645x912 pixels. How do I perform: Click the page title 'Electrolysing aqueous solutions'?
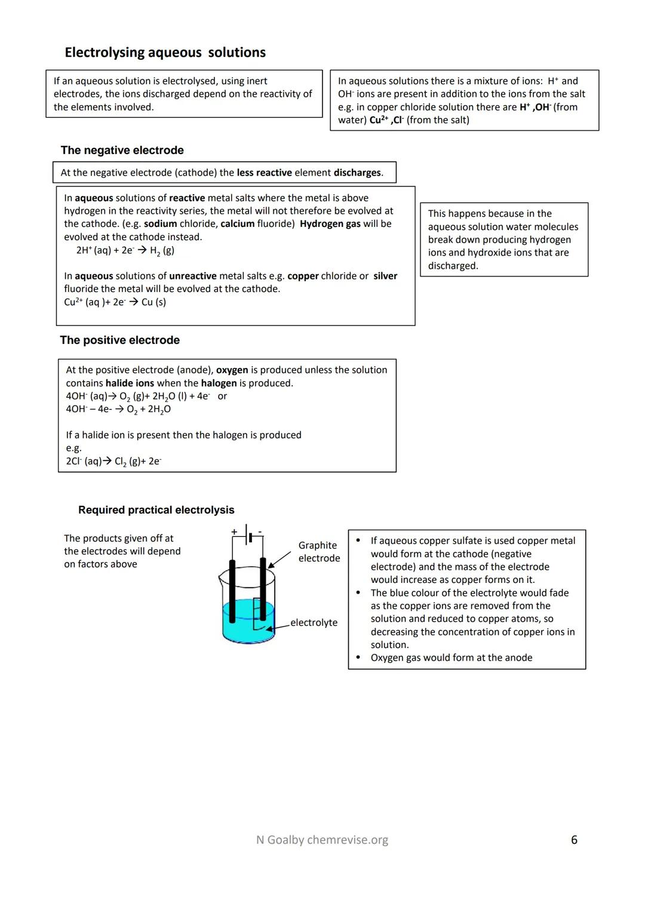[x=165, y=53]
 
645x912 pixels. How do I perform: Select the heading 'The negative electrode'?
[x=122, y=151]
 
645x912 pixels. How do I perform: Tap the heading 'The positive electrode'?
[x=119, y=340]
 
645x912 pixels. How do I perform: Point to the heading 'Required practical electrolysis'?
[x=156, y=510]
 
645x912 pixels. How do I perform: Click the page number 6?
[x=574, y=840]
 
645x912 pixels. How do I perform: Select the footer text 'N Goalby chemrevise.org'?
[x=322, y=840]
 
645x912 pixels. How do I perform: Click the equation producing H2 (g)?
[x=125, y=250]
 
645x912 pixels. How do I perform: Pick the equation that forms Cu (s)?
[x=115, y=302]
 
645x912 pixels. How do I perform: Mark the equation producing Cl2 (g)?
[x=113, y=461]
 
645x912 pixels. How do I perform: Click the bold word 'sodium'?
[x=160, y=224]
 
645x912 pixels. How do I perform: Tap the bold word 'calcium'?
[x=237, y=224]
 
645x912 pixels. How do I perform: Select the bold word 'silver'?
[x=385, y=276]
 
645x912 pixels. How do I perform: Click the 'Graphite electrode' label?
[x=319, y=552]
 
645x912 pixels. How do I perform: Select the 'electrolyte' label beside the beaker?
[x=314, y=622]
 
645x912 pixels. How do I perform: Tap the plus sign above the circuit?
[x=234, y=531]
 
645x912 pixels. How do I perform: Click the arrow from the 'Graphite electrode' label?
[x=279, y=560]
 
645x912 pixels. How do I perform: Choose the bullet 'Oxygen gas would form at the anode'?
[x=451, y=658]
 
